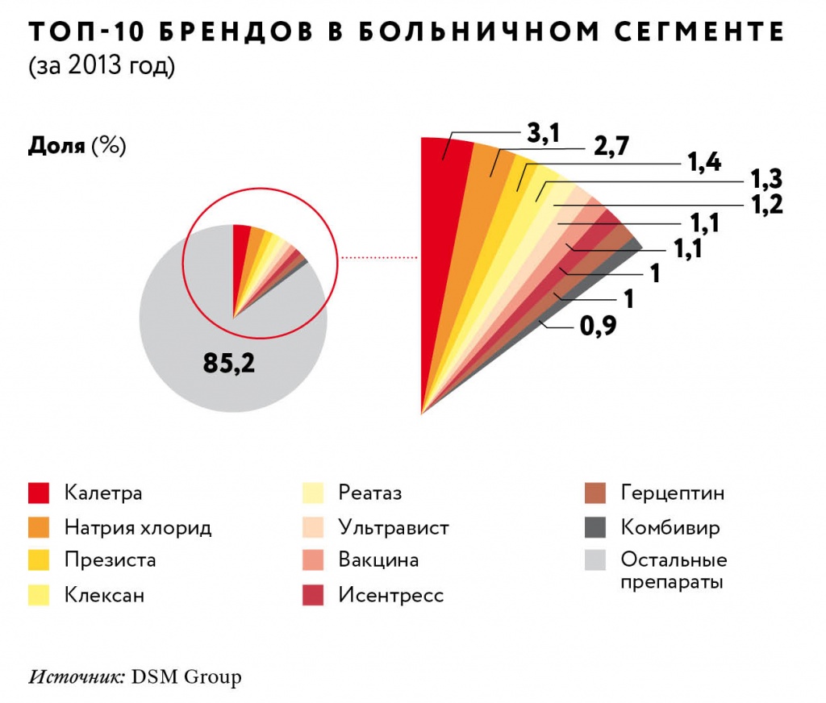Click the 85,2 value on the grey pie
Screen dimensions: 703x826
[229, 364]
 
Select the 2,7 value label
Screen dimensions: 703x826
[611, 147]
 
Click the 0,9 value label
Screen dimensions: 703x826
[598, 327]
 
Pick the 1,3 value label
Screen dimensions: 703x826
[767, 178]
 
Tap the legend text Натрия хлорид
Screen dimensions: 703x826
[138, 528]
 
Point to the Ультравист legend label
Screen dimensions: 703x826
[394, 528]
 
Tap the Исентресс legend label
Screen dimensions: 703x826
[391, 595]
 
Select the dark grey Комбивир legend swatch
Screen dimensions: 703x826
[595, 528]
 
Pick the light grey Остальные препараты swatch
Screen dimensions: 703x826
[595, 559]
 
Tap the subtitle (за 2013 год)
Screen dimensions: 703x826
[102, 68]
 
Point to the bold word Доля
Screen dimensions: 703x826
[56, 146]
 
